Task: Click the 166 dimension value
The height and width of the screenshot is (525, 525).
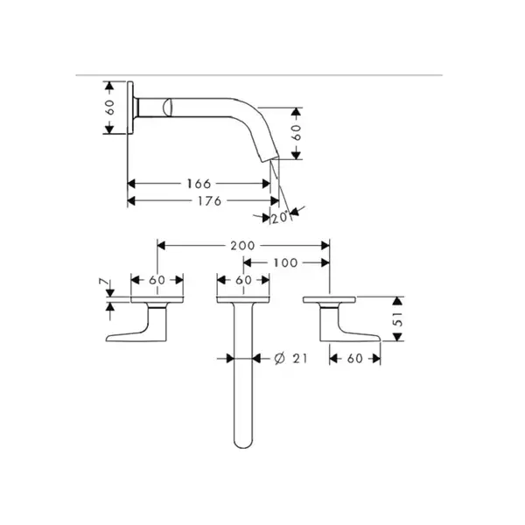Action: [199, 184]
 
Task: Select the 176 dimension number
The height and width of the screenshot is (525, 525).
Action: [209, 201]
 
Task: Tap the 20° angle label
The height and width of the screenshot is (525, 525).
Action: [280, 218]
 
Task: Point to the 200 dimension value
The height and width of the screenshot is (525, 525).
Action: [242, 246]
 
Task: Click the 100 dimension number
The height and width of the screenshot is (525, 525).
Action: [285, 262]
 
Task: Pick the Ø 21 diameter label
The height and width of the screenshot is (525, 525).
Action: [290, 359]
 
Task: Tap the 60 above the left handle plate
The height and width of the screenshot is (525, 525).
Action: [157, 280]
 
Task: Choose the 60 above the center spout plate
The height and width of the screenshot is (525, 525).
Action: [243, 280]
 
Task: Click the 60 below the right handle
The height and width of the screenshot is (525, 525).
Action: [355, 359]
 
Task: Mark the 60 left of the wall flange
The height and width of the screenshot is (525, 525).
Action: [110, 107]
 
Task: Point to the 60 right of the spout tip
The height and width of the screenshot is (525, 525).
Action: [296, 133]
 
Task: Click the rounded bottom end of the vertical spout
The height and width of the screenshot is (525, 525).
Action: [243, 444]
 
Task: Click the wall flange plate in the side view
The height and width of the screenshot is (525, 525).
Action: [130, 108]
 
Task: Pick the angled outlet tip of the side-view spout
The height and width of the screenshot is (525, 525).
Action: [269, 157]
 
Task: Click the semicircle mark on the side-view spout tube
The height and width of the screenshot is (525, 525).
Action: [167, 108]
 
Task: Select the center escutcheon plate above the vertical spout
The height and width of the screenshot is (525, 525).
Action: [243, 299]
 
